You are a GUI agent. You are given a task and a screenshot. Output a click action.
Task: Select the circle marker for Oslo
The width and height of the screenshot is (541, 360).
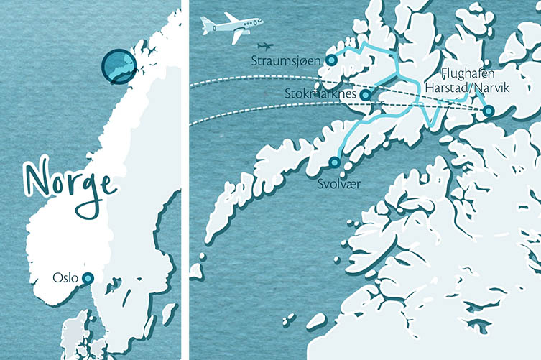(x=88, y=278)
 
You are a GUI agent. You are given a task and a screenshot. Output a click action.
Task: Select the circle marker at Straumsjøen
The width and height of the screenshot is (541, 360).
(x=332, y=60)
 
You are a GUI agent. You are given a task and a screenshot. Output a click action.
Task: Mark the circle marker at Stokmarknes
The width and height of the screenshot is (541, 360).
(x=365, y=94)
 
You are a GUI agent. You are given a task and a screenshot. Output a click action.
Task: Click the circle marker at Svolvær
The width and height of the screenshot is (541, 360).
(x=334, y=162)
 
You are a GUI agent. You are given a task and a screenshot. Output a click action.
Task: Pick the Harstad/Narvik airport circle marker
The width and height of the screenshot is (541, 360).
(x=489, y=111)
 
